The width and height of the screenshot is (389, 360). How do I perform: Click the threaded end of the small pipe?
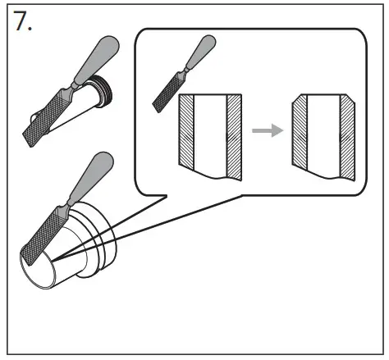click(103, 86)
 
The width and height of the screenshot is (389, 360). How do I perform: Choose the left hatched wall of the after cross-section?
click(300, 135)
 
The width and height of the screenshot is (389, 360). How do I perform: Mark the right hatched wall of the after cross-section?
click(347, 135)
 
